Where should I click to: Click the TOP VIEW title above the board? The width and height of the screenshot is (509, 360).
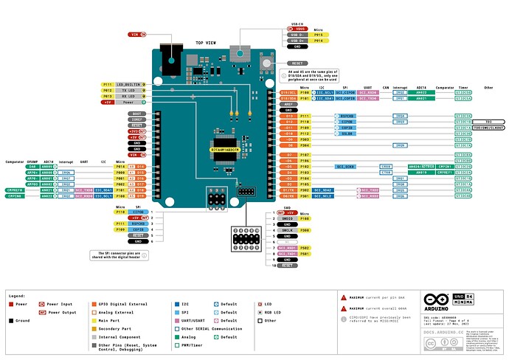click(x=206, y=44)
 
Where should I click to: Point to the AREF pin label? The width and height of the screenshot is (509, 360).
click(x=288, y=104)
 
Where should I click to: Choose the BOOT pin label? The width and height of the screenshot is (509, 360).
click(x=136, y=113)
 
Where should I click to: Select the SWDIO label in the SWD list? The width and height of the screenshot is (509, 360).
click(x=288, y=218)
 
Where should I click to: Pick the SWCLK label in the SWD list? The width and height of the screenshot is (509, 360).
click(x=288, y=230)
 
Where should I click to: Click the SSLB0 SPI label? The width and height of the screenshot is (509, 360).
click(x=347, y=134)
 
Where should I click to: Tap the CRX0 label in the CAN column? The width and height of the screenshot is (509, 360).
click(x=384, y=167)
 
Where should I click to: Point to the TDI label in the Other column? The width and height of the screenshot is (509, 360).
click(x=488, y=121)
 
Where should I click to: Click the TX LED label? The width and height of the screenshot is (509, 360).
click(x=128, y=90)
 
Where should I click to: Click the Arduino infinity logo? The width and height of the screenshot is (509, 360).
click(x=435, y=301)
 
